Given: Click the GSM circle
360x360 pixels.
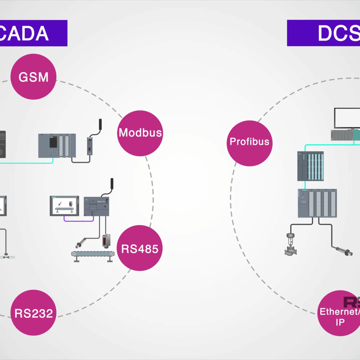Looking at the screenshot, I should coord(33,77).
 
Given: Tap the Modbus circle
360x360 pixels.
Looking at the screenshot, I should coord(140,133).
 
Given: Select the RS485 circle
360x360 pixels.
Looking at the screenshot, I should coord(140,248).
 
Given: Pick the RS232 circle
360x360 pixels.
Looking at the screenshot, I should coord(33,313).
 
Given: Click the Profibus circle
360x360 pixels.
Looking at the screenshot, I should coord(249,142).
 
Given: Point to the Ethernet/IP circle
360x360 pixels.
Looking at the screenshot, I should coord(339,314).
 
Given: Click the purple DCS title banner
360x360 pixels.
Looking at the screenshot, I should coord(323,33).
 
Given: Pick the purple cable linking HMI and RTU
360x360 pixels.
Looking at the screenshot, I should coord(78,220).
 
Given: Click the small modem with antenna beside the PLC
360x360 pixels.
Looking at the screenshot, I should coord(90,146).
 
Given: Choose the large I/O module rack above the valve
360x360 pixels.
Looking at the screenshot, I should coord(317,203).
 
